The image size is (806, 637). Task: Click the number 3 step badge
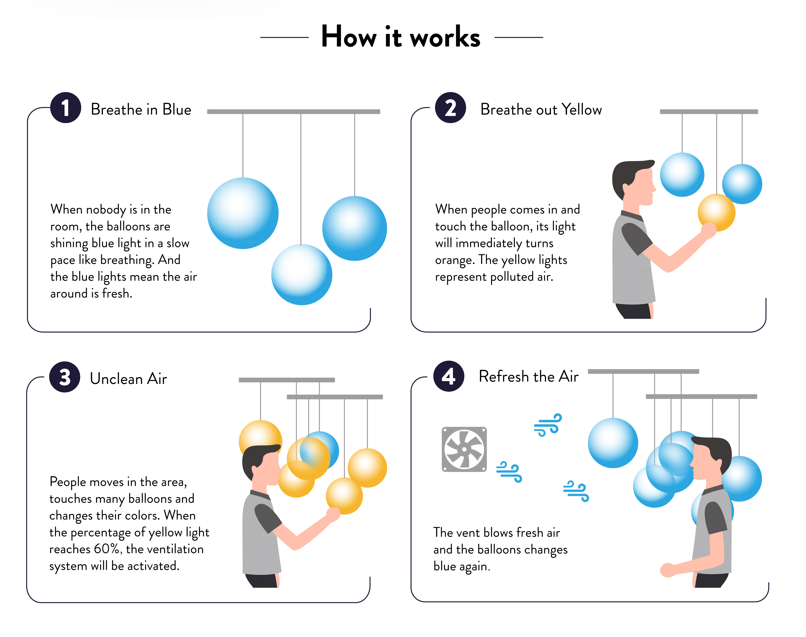click(x=65, y=377)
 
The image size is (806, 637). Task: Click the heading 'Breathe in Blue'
click(x=141, y=110)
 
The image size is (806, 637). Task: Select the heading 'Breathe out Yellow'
click(x=541, y=110)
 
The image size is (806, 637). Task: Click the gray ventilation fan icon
click(x=464, y=449)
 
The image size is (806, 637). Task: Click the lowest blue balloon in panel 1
click(x=302, y=275)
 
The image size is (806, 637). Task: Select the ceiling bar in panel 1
click(x=294, y=111)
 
